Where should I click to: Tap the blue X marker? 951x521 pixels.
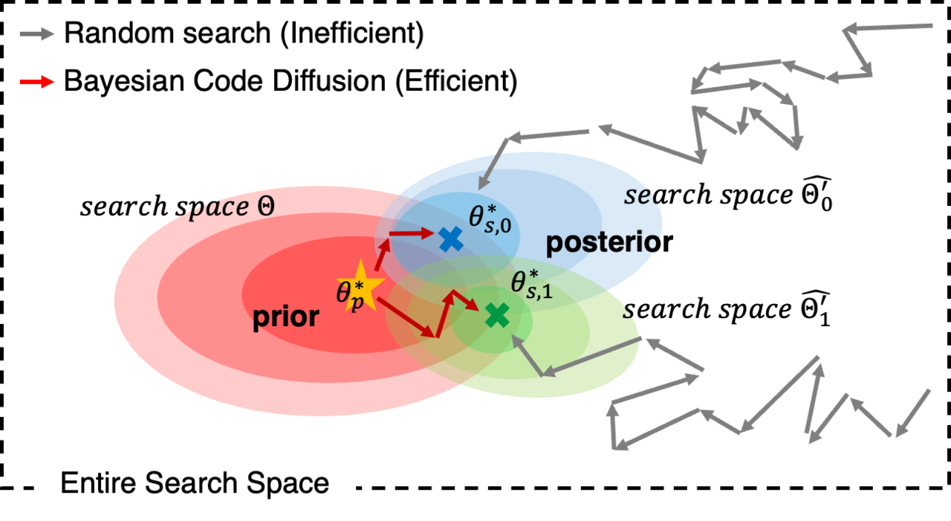(x=450, y=239)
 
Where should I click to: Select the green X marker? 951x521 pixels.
(x=497, y=316)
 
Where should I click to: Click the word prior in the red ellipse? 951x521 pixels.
(x=286, y=317)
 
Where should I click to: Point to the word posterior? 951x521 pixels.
(x=602, y=242)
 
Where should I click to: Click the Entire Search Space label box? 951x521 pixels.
(x=195, y=484)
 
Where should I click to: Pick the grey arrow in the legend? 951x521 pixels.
(x=37, y=33)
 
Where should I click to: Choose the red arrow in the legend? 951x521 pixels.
(x=37, y=82)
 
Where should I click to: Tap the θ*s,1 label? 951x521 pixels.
(x=531, y=283)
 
